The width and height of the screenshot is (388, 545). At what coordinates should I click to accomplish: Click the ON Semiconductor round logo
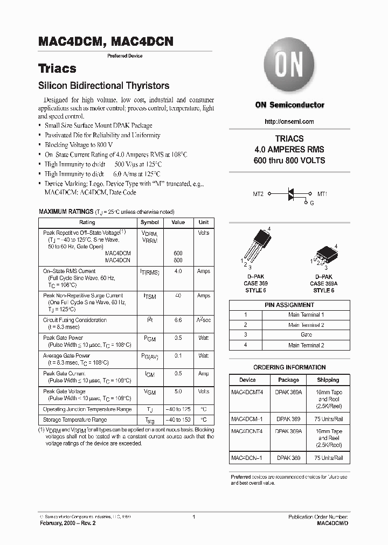(x=289, y=66)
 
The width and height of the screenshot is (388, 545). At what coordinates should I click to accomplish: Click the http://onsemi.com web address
(x=289, y=122)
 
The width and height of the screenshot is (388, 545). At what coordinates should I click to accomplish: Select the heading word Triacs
(x=57, y=69)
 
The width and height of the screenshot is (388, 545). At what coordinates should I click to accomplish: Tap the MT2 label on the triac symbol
(x=258, y=193)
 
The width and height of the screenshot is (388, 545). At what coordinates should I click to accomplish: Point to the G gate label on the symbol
(x=311, y=204)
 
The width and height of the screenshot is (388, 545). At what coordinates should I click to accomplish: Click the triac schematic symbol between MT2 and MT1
(x=290, y=194)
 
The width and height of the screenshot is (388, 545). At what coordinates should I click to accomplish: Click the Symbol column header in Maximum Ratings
(x=150, y=222)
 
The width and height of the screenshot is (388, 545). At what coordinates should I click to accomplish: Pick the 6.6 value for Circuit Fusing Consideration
(x=178, y=320)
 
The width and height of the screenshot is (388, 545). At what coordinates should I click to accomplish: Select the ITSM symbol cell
(x=150, y=296)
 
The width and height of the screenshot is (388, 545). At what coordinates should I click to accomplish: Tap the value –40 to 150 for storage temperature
(x=178, y=420)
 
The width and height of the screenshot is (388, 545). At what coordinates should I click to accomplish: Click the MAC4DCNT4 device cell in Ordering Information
(x=247, y=431)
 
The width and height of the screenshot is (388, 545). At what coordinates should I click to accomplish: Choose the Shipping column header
(x=328, y=380)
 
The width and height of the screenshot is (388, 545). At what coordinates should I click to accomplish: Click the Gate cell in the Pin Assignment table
(x=306, y=335)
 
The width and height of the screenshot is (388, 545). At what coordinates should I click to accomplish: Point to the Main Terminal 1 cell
(x=306, y=315)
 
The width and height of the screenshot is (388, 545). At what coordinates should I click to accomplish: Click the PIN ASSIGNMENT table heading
(x=289, y=305)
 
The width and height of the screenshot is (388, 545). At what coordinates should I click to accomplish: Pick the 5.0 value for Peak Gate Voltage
(x=178, y=392)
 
